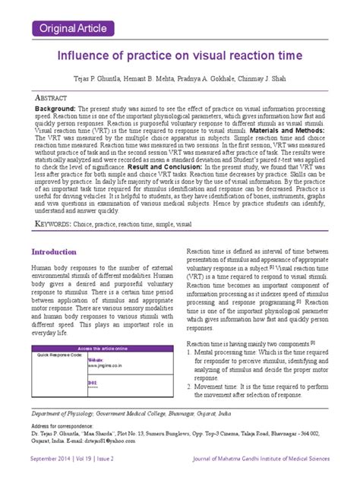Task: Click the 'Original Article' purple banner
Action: tap(69, 29)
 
